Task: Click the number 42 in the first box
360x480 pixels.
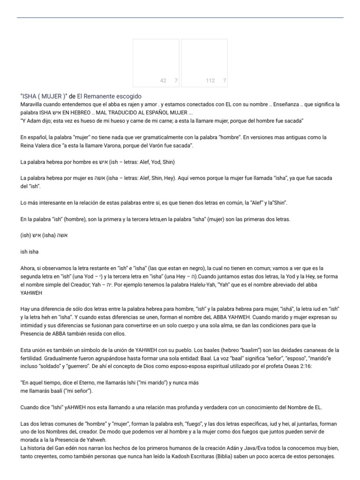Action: tap(163, 81)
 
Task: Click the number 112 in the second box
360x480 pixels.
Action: tap(210, 81)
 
